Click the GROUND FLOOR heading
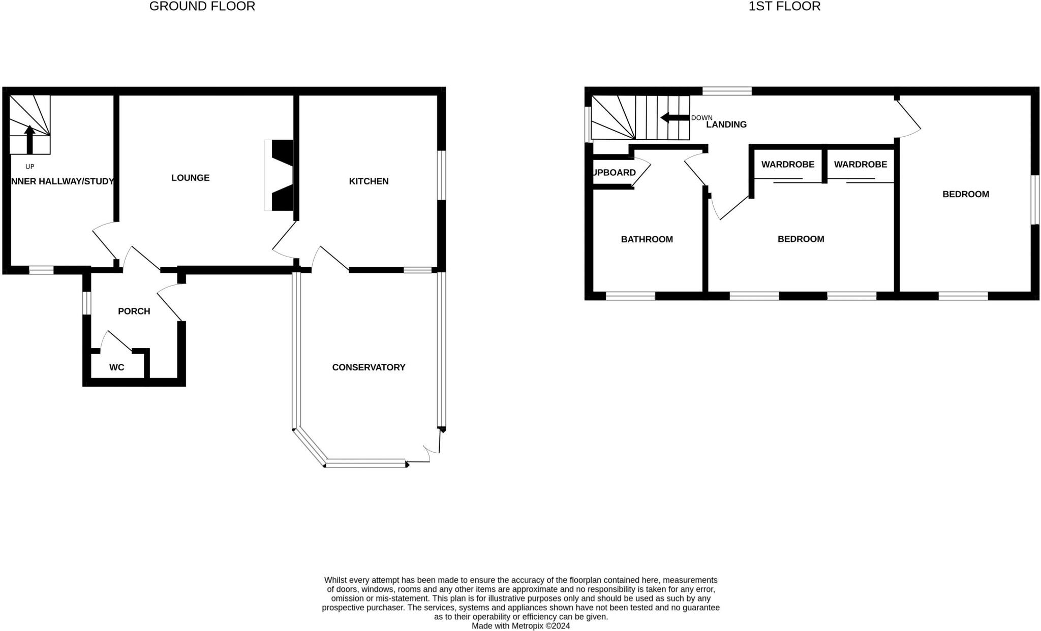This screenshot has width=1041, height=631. (202, 7)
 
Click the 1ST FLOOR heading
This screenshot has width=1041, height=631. (784, 7)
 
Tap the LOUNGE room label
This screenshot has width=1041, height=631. (190, 178)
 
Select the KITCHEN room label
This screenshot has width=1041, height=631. (369, 181)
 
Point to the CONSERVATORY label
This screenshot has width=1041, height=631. (369, 367)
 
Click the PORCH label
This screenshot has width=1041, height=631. (134, 311)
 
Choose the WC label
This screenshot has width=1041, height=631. (116, 367)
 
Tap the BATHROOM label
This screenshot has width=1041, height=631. (647, 239)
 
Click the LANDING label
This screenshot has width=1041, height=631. (726, 124)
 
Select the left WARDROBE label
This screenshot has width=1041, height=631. (787, 165)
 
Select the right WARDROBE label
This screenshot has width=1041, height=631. (860, 165)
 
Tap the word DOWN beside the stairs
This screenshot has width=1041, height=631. (701, 118)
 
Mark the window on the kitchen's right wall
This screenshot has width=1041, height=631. (442, 175)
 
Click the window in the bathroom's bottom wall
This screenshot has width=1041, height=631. (630, 296)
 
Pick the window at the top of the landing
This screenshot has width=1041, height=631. (727, 91)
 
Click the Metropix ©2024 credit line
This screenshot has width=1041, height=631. (520, 626)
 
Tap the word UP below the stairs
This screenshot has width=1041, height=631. (29, 167)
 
